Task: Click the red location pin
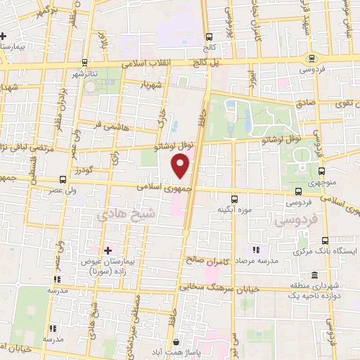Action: tap(181, 166)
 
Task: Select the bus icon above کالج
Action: tap(208, 37)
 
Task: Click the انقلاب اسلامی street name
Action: tap(160, 63)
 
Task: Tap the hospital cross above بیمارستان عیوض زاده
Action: tap(107, 250)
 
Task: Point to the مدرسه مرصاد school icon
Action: tap(256, 250)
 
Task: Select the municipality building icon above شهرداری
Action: tap(314, 274)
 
